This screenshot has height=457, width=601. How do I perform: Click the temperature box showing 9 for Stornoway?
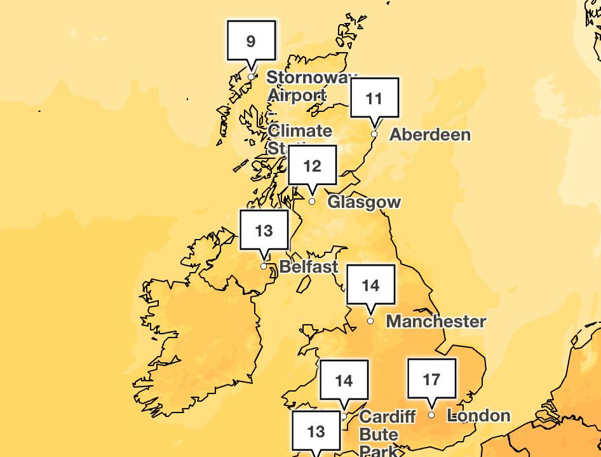(x=251, y=41)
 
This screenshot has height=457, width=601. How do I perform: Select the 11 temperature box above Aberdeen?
(x=374, y=99)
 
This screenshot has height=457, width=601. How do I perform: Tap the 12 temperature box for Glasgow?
(x=312, y=166)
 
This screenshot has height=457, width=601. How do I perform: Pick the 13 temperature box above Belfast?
(x=264, y=230)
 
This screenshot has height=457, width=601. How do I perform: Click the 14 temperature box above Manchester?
(x=371, y=285)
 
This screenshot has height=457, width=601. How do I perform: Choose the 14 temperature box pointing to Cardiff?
(x=344, y=380)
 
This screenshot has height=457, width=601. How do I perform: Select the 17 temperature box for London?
(x=431, y=379)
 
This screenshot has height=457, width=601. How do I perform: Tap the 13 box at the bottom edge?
(x=316, y=433)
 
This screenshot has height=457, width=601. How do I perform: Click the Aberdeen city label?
(x=429, y=135)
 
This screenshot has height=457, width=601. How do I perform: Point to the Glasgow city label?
(x=364, y=202)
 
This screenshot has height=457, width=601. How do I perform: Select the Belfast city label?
(x=309, y=266)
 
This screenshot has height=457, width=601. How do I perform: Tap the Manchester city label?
(x=436, y=321)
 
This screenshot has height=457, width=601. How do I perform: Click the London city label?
(x=478, y=416)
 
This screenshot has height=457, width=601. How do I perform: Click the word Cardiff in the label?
(x=387, y=417)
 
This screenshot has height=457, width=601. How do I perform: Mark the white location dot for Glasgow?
(x=312, y=201)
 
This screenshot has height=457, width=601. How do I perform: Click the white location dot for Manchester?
(x=371, y=321)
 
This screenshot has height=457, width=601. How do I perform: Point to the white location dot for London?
(x=431, y=415)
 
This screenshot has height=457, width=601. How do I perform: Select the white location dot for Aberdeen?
(x=374, y=134)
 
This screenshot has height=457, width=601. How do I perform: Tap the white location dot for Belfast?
(x=264, y=266)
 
